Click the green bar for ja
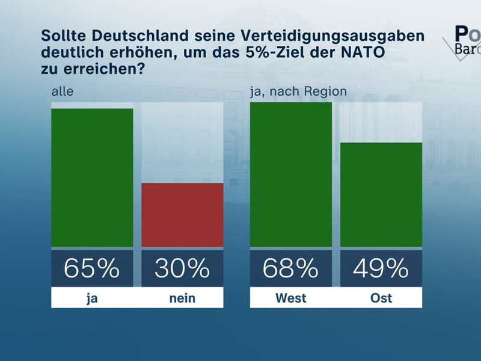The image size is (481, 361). pos(92,177)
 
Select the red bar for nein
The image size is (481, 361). pos(182,215)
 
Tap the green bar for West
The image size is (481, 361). pos(291,174)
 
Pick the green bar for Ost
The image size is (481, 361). pos(381,194)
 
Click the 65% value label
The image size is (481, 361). pos(92,268)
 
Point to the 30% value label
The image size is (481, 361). pos(182,268)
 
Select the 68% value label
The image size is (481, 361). pos(291,268)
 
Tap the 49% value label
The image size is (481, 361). pos(381,268)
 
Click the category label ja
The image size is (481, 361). pos(92,298)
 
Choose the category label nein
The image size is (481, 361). pos(182,298)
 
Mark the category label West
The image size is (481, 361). pos(291,298)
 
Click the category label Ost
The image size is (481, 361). pos(381,298)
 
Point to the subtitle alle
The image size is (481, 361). pos(62,91)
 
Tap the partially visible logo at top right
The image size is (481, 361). pos(463,40)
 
